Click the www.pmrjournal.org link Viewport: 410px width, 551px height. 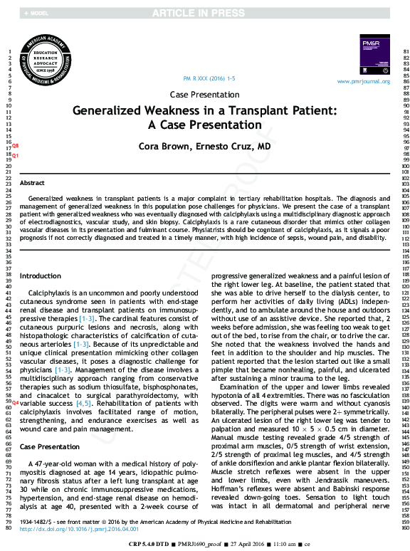coord(364,82)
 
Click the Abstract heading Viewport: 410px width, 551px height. coord(32,183)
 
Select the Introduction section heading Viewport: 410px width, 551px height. coord(40,275)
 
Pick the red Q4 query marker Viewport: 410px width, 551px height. coord(15,403)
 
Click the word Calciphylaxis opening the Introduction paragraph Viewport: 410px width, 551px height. coord(53,293)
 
